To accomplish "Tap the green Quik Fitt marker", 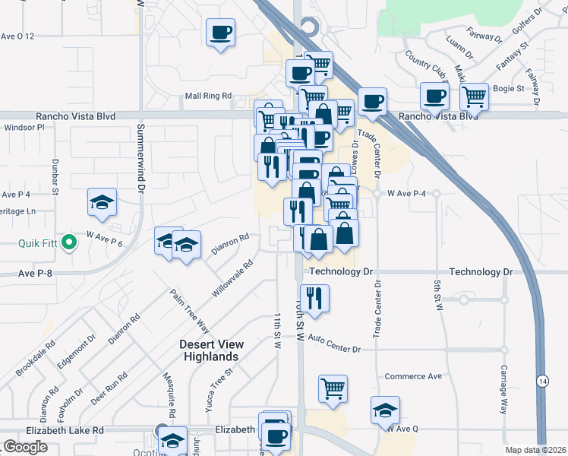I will click(x=69, y=243).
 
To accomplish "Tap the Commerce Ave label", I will click(x=413, y=376).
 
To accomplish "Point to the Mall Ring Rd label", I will click(x=208, y=96).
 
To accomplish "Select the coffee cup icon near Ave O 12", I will click(x=221, y=33).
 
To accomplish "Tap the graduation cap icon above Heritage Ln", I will click(x=102, y=202).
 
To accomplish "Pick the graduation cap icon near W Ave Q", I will click(x=386, y=410).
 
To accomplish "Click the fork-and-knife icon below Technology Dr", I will click(x=313, y=298).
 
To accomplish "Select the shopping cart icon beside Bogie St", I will click(x=474, y=97).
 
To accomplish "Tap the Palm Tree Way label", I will click(x=178, y=311).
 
